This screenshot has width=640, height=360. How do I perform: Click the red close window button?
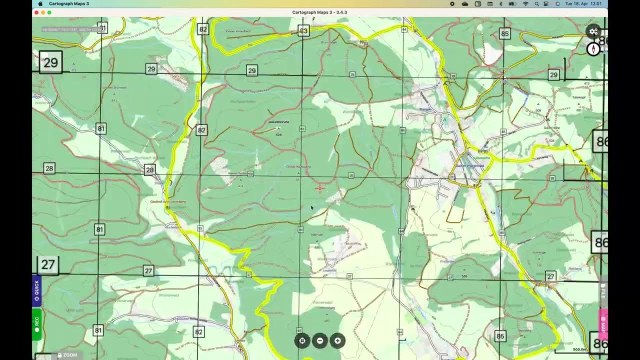click(x=36, y=12)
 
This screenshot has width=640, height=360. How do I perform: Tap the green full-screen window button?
click(x=49, y=12)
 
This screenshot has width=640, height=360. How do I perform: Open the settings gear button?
click(x=593, y=31)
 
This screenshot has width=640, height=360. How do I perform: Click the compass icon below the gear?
click(x=593, y=49)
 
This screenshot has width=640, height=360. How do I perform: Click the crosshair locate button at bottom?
click(x=302, y=340)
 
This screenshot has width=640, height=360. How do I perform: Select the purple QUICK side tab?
click(x=36, y=290)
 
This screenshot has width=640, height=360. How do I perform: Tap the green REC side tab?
click(x=36, y=324)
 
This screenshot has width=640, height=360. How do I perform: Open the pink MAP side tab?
click(x=603, y=324)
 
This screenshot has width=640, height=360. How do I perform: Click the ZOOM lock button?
click(x=67, y=355)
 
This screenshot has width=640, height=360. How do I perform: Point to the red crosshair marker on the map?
click(x=320, y=188)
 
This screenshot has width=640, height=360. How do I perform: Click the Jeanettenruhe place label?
click(x=278, y=122)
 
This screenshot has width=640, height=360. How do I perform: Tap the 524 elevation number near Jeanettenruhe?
click(x=278, y=135)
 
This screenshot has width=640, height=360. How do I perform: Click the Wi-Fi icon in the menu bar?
click(x=525, y=3)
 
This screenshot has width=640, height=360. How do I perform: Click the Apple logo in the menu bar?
click(x=40, y=3)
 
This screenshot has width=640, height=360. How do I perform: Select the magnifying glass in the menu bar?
click(x=537, y=3)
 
